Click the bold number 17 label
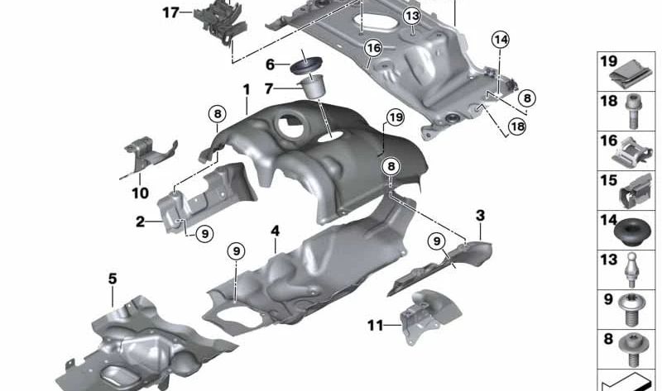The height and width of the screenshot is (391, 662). [171, 12]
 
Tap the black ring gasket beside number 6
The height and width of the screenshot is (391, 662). [306, 68]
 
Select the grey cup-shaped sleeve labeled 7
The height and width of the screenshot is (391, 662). [313, 87]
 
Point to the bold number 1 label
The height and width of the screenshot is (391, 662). [247, 89]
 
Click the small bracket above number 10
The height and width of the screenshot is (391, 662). [150, 153]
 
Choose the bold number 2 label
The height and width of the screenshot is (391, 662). [141, 221]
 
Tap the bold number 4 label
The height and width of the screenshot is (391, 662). [276, 231]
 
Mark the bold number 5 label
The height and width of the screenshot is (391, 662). [113, 279]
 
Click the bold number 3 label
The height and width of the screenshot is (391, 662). [481, 216]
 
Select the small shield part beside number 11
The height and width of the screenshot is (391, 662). [429, 317]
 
